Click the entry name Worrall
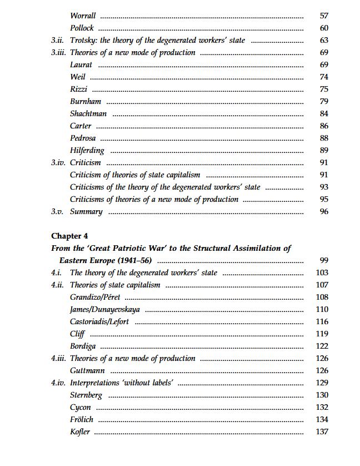[83, 16]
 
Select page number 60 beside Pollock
[324, 28]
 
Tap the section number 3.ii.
[58, 41]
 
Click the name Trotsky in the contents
[83, 41]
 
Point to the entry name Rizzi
[79, 90]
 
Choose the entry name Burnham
[86, 102]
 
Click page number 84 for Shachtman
[324, 114]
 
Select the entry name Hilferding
[87, 150]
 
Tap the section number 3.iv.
[58, 163]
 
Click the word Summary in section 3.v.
[86, 212]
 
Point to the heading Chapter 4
[69, 236]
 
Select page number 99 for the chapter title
[324, 261]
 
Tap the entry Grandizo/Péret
[95, 298]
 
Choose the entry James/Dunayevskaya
[105, 310]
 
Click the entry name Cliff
[77, 334]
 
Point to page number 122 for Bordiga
[322, 346]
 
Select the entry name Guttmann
[87, 371]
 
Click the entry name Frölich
[82, 420]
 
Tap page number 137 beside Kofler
[322, 432]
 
